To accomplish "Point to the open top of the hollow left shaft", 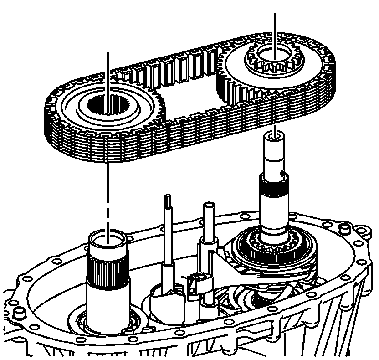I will click(107, 238).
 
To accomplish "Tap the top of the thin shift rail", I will click(168, 197).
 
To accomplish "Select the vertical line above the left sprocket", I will click(108, 68).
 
